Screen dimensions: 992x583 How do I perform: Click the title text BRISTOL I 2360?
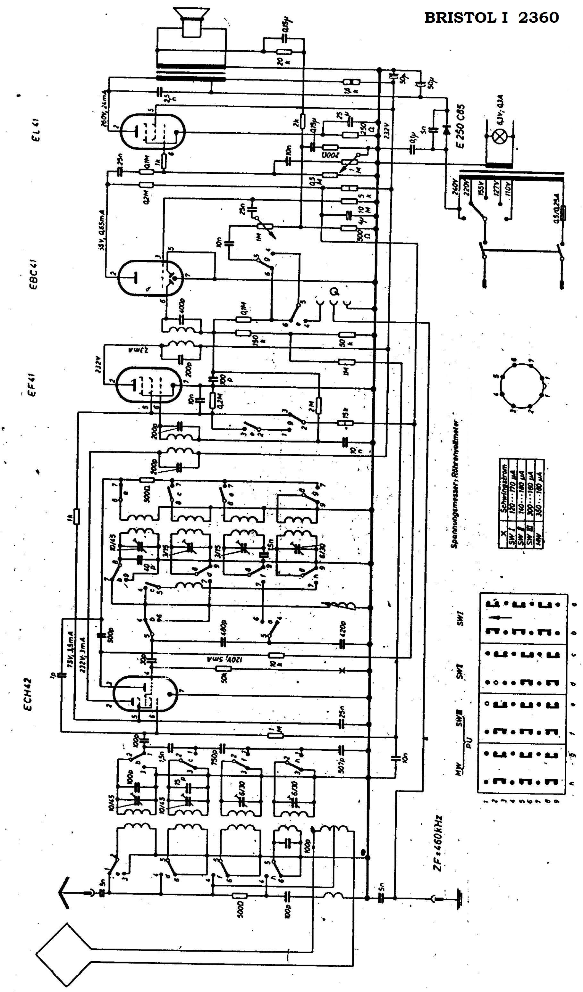pyautogui.click(x=491, y=18)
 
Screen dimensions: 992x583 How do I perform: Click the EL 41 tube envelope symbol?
pyautogui.click(x=152, y=133)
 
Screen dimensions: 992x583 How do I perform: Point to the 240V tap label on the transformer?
pyautogui.click(x=456, y=185)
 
